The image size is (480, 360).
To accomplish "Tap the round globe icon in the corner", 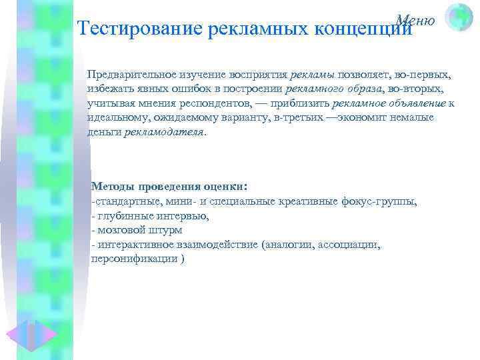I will [x=458, y=17].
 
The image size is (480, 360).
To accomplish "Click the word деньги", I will [x=104, y=131].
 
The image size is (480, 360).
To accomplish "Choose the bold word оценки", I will [x=224, y=187].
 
